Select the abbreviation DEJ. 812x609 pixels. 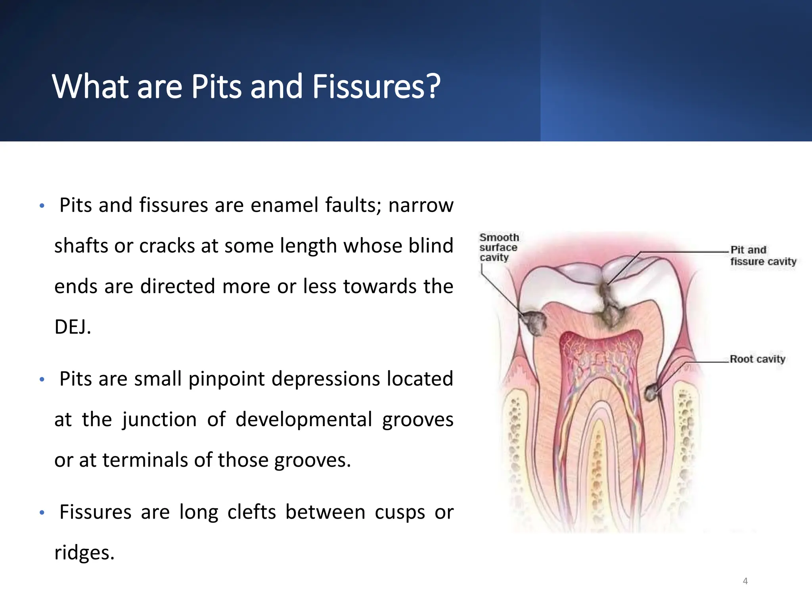click(x=73, y=327)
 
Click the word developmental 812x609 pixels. click(x=304, y=419)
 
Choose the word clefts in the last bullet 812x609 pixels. click(x=251, y=512)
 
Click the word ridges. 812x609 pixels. click(x=84, y=553)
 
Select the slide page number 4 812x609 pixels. click(x=745, y=581)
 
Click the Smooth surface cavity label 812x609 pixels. click(x=498, y=247)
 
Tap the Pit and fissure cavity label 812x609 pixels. click(x=763, y=256)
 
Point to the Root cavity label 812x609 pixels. click(x=757, y=359)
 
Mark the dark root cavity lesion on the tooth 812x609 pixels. click(x=651, y=393)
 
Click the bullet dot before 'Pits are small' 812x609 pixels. click(x=42, y=380)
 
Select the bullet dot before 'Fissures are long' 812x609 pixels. click(x=42, y=513)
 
